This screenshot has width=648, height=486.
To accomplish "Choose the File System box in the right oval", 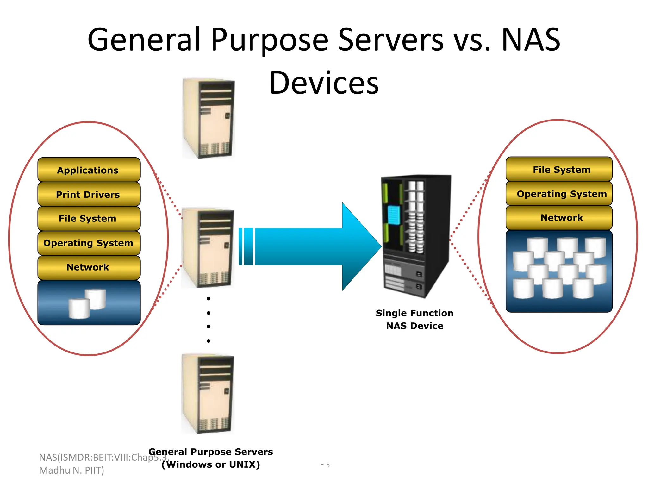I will tap(559, 169).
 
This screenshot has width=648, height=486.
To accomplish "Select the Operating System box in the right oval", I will tap(559, 194).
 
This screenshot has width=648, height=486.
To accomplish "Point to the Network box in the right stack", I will tap(559, 218).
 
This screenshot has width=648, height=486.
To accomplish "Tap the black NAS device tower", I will tap(416, 236).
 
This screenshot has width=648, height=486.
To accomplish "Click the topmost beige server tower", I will tap(209, 118).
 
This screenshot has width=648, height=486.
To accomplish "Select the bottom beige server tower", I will tap(208, 394).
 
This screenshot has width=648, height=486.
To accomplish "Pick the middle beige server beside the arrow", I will tap(208, 248).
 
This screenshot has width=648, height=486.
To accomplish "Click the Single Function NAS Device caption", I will tap(414, 319).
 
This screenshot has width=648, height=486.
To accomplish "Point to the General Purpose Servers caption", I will tap(211, 458).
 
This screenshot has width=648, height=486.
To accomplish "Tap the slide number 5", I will tap(328, 465).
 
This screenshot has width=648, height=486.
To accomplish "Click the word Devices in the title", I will tap(324, 83).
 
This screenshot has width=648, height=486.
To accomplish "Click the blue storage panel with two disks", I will tap(89, 303).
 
